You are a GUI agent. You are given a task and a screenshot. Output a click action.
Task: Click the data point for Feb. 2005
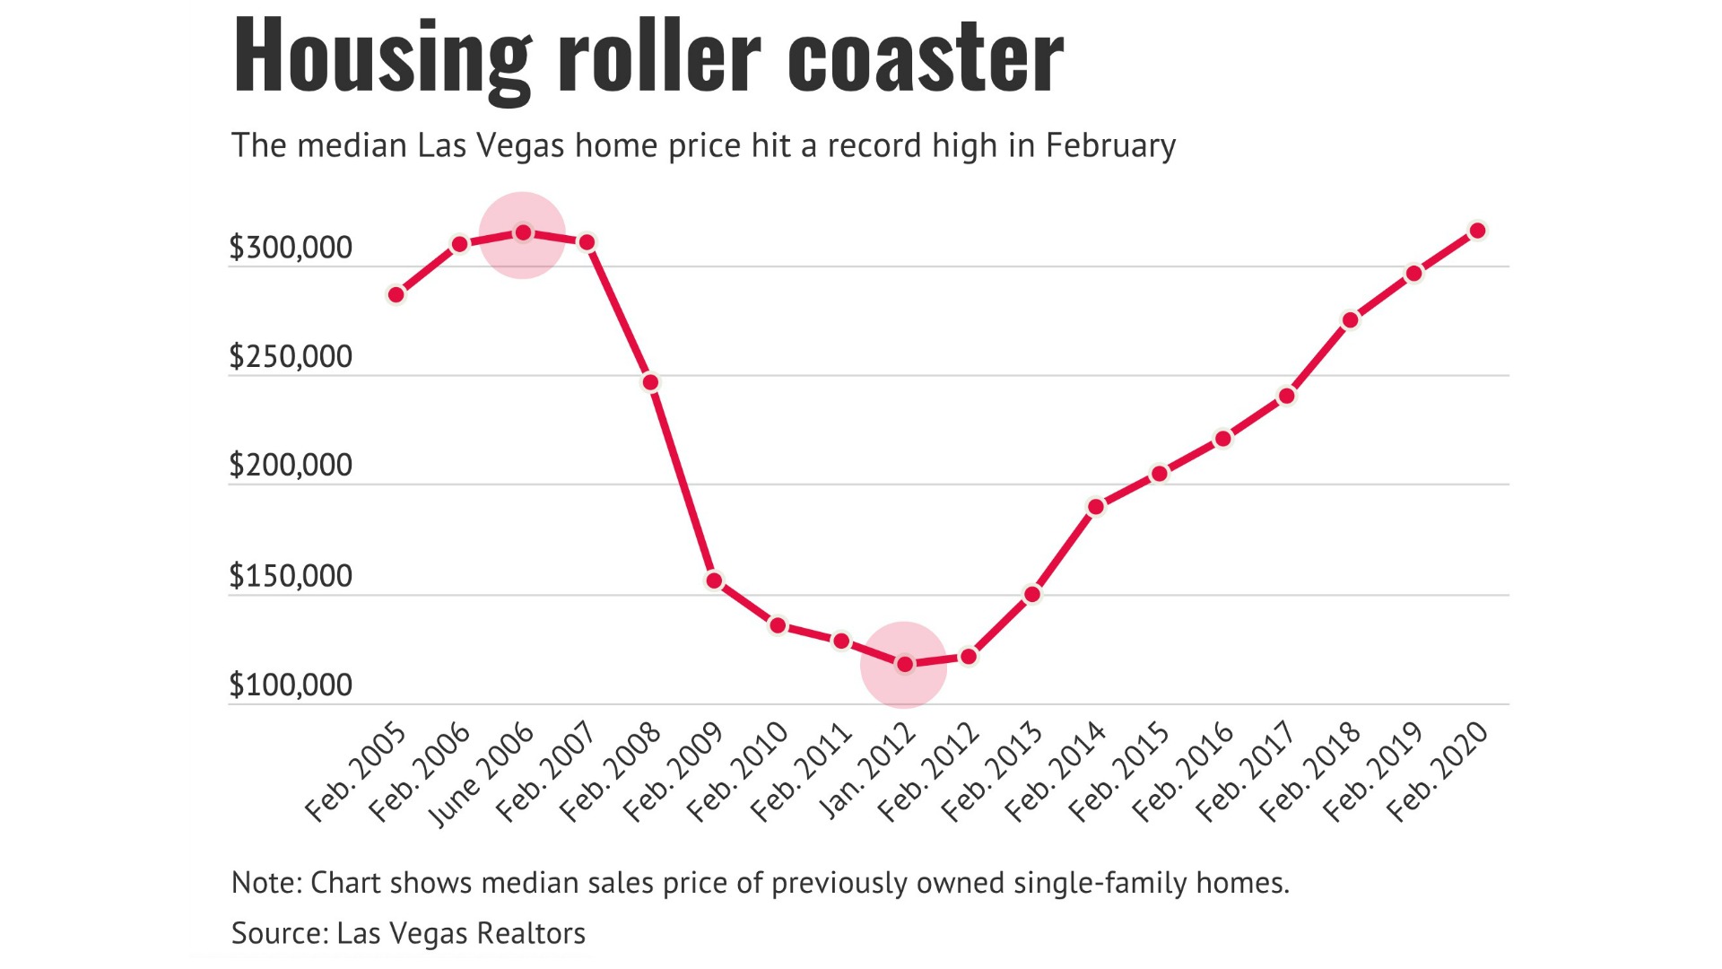coord(396,294)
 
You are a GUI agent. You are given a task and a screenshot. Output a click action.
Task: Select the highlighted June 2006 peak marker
coord(523,233)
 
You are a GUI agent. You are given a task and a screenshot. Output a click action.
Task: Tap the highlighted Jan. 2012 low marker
coord(905,664)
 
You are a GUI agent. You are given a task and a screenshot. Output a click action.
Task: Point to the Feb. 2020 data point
coord(1478,231)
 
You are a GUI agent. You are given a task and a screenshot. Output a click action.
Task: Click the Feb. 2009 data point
coord(714,581)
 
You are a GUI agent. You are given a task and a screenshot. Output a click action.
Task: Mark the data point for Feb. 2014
coord(1096,507)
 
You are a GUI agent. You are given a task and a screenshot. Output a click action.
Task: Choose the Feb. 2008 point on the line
coord(651,382)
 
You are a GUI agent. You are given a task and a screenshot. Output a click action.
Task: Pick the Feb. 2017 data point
coord(1287,396)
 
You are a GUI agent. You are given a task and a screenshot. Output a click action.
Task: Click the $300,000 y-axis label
coord(291,248)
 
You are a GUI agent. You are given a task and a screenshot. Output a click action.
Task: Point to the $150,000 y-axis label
coord(291,576)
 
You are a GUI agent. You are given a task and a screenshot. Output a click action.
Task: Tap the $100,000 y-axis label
coord(291,685)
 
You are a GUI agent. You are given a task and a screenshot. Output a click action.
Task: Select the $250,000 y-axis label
coord(291,357)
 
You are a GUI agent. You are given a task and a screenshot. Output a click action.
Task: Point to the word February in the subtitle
coord(1110,145)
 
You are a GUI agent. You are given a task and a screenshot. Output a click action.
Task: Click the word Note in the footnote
coord(266,883)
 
